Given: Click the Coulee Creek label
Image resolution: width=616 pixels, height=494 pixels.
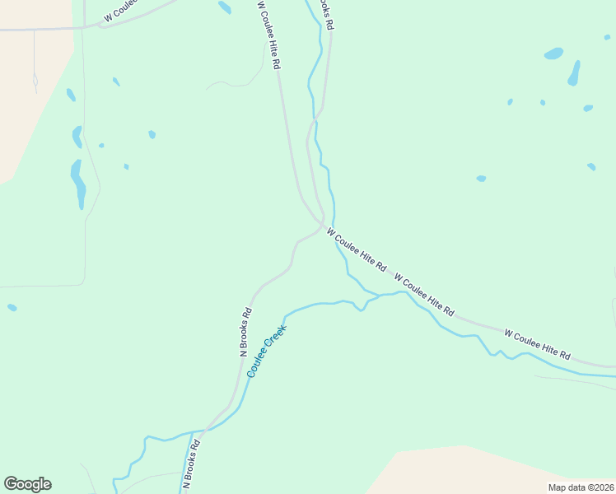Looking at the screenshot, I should [x=266, y=352].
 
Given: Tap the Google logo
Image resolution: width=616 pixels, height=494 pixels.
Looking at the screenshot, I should [x=27, y=484].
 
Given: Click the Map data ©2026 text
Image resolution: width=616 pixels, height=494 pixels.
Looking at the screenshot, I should [x=581, y=487].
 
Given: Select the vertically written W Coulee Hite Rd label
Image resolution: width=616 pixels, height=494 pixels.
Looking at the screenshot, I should [x=269, y=35].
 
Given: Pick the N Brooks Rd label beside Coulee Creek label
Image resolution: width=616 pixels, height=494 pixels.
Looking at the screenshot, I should [x=245, y=331].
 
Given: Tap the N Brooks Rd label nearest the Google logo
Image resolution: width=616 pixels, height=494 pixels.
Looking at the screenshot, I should [x=192, y=464].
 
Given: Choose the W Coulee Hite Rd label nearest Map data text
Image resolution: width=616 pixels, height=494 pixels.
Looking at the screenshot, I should [x=538, y=345].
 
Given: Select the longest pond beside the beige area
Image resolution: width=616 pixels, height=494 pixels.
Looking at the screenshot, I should [x=79, y=184].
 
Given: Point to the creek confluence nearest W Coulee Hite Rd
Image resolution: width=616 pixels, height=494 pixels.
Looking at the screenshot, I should [x=379, y=295].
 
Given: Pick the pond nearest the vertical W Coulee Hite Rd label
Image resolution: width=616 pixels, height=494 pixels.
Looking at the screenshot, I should [x=224, y=7].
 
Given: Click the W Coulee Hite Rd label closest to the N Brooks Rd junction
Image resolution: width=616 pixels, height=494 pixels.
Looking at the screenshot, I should [x=356, y=250].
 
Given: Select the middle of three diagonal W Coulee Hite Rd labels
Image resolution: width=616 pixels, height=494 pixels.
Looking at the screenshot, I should [x=424, y=295].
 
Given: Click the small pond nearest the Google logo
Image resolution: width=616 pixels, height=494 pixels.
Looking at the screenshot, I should [x=12, y=307].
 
